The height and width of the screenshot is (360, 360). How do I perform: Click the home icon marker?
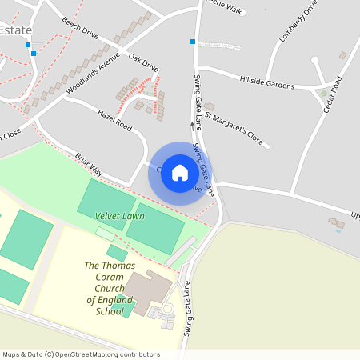click(180, 173)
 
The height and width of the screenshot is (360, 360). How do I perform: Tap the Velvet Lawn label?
click(120, 216)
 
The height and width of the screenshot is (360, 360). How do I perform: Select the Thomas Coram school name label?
click(110, 288)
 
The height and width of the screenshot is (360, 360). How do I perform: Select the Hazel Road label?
click(113, 120)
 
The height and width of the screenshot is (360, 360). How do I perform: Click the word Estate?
click(16, 30)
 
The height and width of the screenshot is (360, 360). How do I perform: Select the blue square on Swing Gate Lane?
click(193, 41)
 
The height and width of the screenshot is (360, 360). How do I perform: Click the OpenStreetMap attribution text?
click(81, 354)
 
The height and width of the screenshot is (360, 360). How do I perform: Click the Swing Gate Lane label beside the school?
click(189, 308)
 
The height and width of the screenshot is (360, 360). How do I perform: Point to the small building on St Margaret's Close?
click(209, 106)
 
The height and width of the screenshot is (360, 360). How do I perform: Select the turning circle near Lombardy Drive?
click(315, 60)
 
